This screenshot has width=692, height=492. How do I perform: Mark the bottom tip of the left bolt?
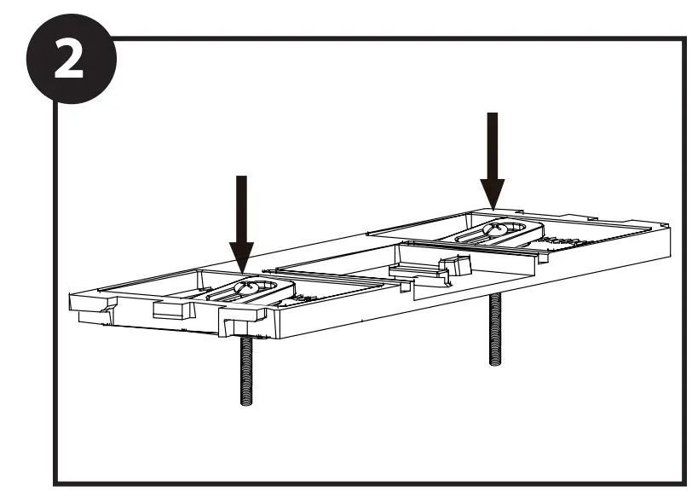click(245, 400)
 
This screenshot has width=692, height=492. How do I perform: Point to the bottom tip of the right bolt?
click(495, 362)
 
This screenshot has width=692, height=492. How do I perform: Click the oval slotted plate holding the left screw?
click(256, 290)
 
